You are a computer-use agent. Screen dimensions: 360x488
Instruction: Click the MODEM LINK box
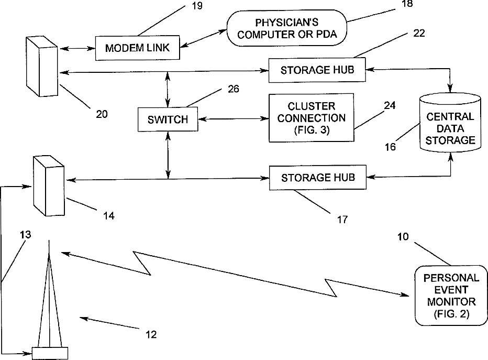[x=137, y=48]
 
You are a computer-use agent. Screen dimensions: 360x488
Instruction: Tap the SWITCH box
[x=168, y=119]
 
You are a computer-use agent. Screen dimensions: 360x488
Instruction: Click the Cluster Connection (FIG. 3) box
[x=311, y=118]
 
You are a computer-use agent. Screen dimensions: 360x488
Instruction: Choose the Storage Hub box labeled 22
[x=316, y=70]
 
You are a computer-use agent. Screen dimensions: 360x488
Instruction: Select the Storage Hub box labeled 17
[x=317, y=178]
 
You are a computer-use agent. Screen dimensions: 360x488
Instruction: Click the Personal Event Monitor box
[x=451, y=295]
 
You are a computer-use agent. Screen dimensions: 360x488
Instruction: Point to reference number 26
[x=233, y=89]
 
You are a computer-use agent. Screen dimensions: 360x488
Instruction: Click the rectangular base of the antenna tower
[x=50, y=353]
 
